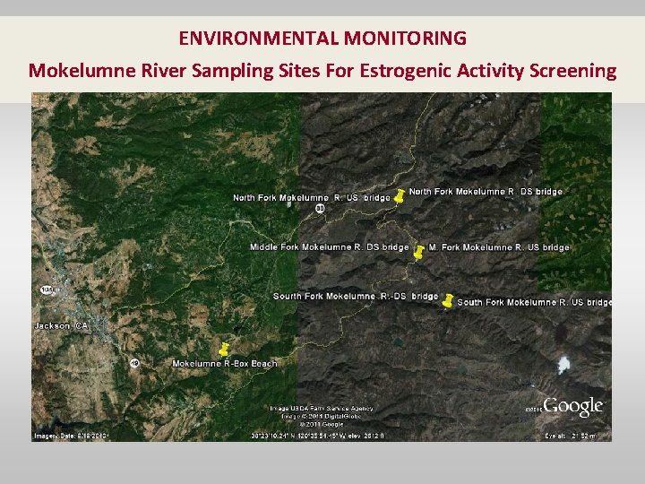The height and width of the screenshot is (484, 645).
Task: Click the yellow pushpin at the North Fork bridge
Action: coord(400,194)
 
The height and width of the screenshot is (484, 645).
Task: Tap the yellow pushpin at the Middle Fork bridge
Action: coord(417,252)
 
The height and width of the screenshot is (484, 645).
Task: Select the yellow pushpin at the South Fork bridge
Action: coord(447,301)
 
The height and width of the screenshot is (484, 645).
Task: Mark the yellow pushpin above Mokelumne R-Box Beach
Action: coord(224,349)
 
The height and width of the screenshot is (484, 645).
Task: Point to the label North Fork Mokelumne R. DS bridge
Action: coord(486,191)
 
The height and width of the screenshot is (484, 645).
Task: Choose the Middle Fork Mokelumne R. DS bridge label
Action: coord(329,246)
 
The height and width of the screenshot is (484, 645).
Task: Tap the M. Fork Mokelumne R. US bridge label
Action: coord(499,246)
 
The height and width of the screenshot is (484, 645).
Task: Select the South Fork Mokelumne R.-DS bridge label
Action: coord(356,296)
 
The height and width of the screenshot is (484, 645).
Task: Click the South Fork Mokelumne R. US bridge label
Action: coord(534,302)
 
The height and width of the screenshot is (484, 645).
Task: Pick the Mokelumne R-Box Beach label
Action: coord(225,363)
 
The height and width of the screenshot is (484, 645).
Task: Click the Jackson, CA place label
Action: coord(61,325)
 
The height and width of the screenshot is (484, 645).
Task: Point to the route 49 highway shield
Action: coord(133,363)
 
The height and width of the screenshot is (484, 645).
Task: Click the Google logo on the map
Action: coord(573,408)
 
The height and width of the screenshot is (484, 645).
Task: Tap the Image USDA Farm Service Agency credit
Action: coord(322,408)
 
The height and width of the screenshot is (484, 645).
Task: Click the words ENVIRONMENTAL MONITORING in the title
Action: coord(322,39)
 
